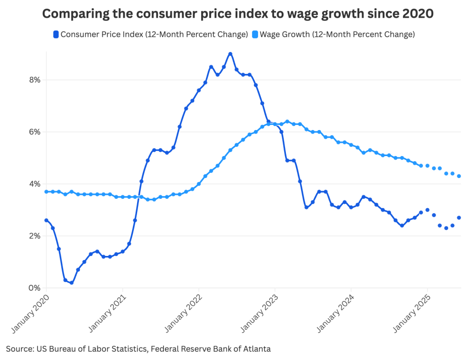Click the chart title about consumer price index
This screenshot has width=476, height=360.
click(x=238, y=14)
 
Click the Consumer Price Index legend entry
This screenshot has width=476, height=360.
click(x=151, y=34)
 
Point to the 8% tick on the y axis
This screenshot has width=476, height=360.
click(x=35, y=80)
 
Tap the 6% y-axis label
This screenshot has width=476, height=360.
click(x=35, y=132)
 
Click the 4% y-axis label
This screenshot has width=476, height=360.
click(x=35, y=184)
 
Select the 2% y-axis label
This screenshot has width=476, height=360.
click(x=35, y=236)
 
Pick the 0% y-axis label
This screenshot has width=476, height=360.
click(x=35, y=288)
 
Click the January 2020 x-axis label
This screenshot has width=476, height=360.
click(x=30, y=314)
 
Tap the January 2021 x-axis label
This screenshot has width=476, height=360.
click(x=106, y=314)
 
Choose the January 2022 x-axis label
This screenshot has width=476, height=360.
click(x=183, y=314)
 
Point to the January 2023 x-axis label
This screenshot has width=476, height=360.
click(x=259, y=314)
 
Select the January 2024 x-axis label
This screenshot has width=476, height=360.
click(x=335, y=314)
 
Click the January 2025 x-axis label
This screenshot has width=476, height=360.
click(x=411, y=314)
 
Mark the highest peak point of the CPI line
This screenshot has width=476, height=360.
click(x=230, y=54)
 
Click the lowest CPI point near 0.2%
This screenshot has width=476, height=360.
click(x=72, y=282)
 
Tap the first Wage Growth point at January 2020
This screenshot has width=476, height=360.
click(x=46, y=192)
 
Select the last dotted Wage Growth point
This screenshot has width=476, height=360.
click(x=459, y=176)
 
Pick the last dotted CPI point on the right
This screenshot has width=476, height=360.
click(x=459, y=217)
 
